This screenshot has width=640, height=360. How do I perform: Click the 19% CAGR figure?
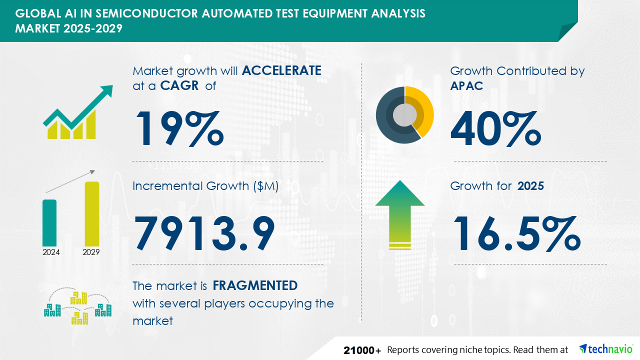(x=179, y=128)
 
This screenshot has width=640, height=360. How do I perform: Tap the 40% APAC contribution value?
(x=495, y=128)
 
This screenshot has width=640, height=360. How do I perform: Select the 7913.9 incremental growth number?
(x=204, y=233)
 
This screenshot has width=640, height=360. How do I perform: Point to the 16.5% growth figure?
(x=517, y=233)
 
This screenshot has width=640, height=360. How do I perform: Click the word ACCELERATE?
(x=281, y=70)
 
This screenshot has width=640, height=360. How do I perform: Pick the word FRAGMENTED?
(x=255, y=285)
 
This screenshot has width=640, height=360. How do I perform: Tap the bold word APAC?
(x=466, y=85)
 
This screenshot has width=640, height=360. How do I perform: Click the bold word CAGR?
(x=179, y=85)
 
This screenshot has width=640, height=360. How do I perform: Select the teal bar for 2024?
(x=49, y=223)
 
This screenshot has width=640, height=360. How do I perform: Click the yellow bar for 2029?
(x=92, y=214)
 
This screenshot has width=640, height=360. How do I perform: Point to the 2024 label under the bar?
(x=51, y=252)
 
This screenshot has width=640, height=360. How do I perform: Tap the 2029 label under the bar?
(x=91, y=252)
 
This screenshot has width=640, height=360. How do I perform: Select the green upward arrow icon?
(x=400, y=215)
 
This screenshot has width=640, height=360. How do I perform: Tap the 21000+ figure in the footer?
(x=362, y=350)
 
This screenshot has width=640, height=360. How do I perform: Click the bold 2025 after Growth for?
(x=530, y=186)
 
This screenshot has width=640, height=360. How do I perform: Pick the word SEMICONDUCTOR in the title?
(x=146, y=13)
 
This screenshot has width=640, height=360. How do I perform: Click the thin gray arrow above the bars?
(x=70, y=181)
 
